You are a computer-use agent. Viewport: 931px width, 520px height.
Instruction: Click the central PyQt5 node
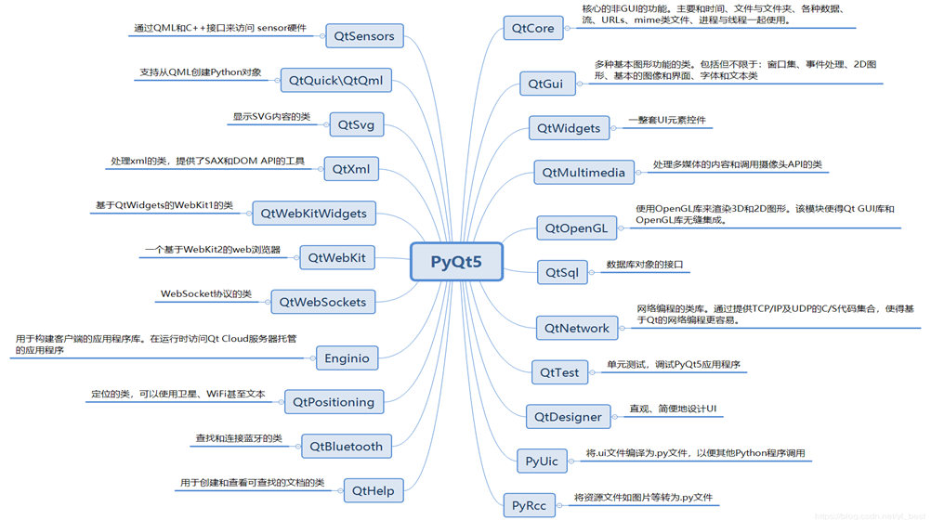click(x=456, y=262)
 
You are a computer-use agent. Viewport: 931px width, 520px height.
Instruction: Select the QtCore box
click(x=532, y=29)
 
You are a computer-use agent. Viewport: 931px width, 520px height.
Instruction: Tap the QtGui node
click(x=545, y=84)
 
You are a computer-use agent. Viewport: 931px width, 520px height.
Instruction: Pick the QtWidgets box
click(x=569, y=128)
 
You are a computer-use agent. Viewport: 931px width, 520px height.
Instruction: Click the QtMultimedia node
click(x=584, y=173)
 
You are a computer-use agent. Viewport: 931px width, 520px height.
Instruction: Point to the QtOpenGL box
click(x=576, y=227)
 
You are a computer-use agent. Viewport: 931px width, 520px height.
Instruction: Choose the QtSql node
click(x=561, y=272)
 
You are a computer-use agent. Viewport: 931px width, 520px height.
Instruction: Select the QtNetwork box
click(x=576, y=328)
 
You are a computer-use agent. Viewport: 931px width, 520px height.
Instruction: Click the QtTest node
click(x=559, y=372)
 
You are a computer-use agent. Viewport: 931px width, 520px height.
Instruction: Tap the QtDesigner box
click(x=568, y=417)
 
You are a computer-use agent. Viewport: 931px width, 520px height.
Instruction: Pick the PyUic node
click(x=541, y=461)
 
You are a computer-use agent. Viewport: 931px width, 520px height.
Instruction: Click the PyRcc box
click(x=529, y=506)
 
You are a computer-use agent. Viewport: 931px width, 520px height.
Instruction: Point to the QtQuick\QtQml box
click(x=335, y=81)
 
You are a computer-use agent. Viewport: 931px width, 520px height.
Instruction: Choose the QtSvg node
click(x=356, y=124)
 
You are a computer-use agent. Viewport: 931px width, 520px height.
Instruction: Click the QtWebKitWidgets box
click(x=313, y=214)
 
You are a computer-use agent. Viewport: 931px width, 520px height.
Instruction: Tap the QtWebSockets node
click(x=322, y=302)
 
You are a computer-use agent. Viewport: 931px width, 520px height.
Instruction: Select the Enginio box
click(x=347, y=357)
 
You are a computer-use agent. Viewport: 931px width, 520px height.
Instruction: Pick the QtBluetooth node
click(x=346, y=447)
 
